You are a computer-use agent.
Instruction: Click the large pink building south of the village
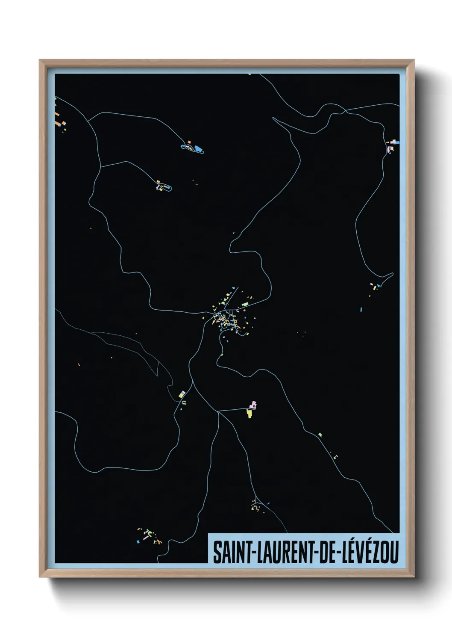(253, 404)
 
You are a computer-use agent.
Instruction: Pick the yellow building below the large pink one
(249, 413)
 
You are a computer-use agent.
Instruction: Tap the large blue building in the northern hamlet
(198, 149)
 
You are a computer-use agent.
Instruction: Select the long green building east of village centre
(244, 304)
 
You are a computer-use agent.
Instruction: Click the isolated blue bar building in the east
(361, 309)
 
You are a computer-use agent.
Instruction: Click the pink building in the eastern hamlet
(372, 284)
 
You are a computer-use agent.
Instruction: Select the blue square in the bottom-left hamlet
(138, 542)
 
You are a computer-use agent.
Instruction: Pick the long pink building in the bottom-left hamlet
(146, 538)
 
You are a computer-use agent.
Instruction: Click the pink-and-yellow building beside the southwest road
(182, 394)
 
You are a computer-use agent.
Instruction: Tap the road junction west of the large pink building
(218, 411)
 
